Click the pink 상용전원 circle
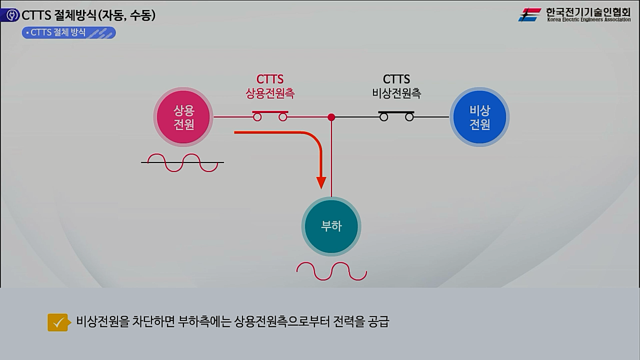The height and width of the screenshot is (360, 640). tap(183, 117)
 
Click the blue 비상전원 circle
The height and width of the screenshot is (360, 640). tap(479, 117)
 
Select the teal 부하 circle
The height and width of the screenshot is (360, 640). tap(331, 226)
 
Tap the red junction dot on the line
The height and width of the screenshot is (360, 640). tap(331, 117)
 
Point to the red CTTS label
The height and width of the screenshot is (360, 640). tap(270, 79)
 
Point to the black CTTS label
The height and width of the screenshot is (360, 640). tap(396, 79)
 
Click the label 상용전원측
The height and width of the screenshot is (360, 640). tap(270, 93)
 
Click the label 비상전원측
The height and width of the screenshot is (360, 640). tap(396, 93)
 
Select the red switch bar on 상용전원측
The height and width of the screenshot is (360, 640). tap(270, 111)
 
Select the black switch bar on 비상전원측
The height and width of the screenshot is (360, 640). tap(396, 111)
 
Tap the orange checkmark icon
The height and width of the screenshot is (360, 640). tap(58, 322)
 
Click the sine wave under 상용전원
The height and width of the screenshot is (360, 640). tap(182, 162)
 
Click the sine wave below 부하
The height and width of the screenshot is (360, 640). tap(331, 271)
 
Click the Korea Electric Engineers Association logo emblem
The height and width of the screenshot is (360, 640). tap(529, 15)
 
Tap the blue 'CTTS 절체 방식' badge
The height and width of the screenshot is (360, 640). tap(69, 33)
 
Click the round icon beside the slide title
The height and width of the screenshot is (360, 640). tap(10, 15)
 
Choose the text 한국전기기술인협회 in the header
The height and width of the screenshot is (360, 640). tap(588, 12)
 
